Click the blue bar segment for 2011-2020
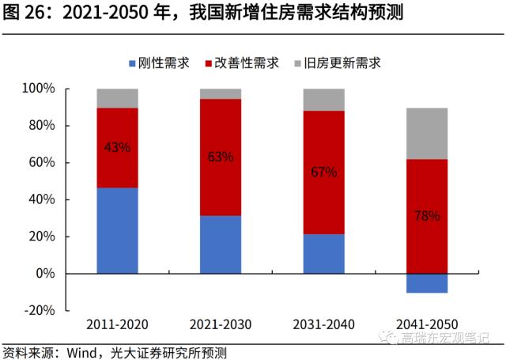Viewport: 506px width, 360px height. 117,230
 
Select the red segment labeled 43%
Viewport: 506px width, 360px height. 117,147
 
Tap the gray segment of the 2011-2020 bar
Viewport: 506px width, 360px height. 117,98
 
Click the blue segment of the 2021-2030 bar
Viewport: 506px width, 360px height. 221,244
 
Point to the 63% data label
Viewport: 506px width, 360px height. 221,157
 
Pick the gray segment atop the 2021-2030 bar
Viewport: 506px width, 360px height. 221,93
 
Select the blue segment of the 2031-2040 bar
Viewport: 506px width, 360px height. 324,253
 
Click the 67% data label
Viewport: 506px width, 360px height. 324,172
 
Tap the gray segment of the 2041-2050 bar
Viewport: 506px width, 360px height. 428,134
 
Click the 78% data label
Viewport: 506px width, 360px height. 428,215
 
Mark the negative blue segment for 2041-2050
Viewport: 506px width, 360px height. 428,282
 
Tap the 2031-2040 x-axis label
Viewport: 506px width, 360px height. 324,324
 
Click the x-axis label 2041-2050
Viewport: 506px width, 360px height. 428,324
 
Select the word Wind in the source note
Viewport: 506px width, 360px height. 79,351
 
